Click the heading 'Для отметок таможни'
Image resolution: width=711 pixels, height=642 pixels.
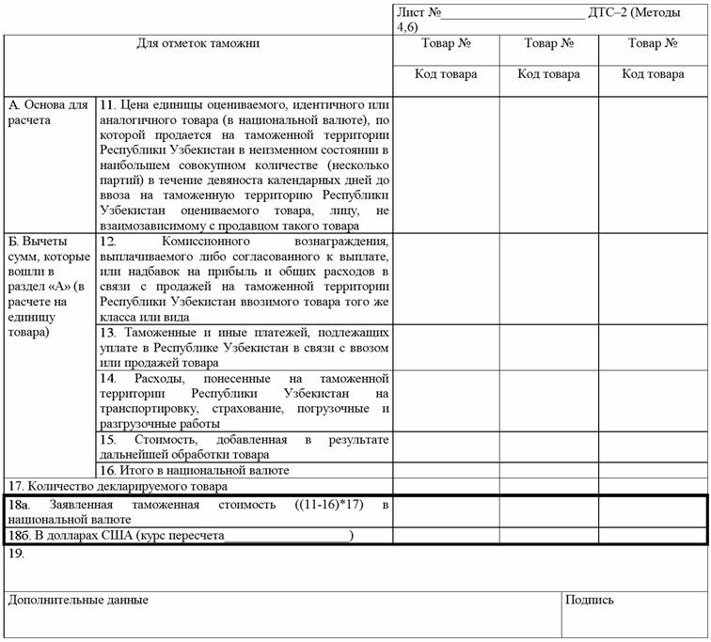tap(197, 43)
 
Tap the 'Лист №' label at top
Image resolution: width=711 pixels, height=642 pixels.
tap(419, 12)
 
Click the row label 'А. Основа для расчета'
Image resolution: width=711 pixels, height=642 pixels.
tap(47, 112)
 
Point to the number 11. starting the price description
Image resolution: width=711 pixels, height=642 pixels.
tap(107, 104)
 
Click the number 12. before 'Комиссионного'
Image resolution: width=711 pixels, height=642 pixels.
tap(107, 242)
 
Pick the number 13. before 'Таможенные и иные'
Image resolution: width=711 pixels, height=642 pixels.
tap(107, 333)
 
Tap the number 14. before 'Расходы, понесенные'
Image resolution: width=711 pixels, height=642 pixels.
tap(108, 378)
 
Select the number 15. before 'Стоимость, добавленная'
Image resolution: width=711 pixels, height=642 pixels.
tap(108, 439)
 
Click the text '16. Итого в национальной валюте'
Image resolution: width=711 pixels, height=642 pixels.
tap(194, 470)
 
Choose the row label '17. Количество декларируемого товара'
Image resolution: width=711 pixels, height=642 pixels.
tap(117, 486)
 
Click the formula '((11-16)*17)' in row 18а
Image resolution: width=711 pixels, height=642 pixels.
tap(327, 505)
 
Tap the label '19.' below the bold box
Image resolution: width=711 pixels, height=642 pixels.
tap(15, 554)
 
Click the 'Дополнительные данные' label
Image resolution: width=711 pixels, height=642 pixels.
tap(77, 600)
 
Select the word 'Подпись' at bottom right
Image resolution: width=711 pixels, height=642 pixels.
tap(590, 600)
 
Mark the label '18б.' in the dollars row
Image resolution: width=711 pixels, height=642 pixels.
tap(18, 536)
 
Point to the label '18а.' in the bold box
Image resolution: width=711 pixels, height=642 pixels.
tap(18, 505)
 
